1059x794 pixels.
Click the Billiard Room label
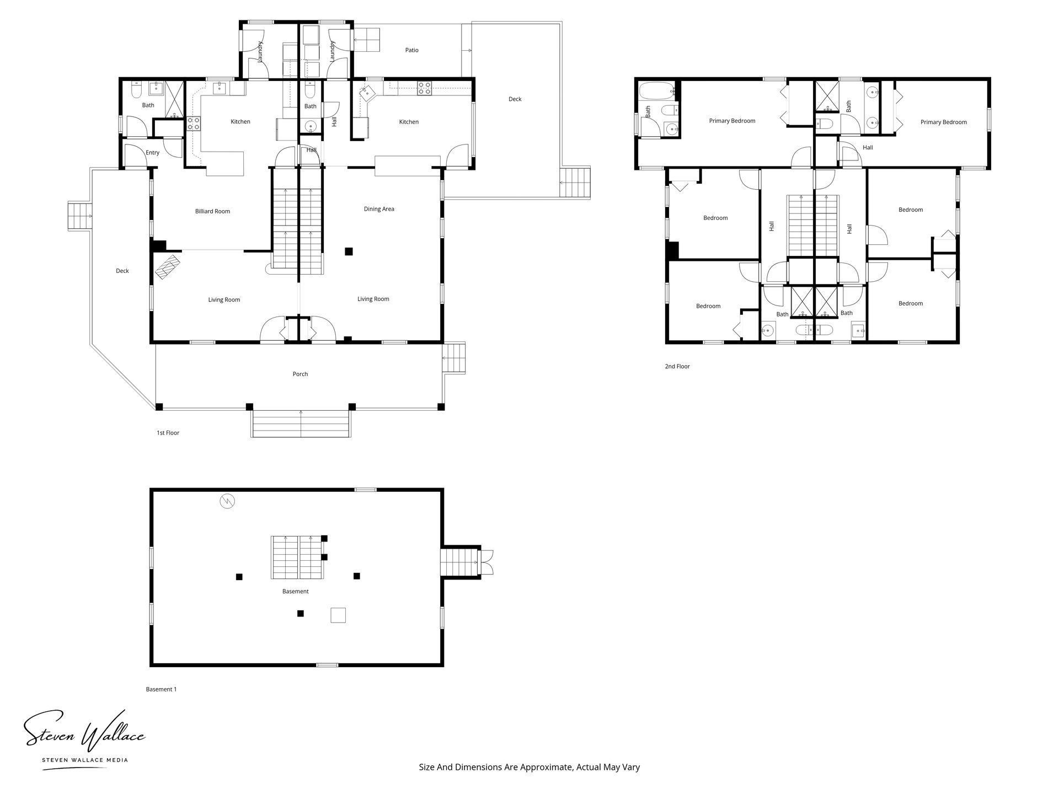pos(212,211)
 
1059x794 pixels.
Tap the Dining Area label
pos(379,209)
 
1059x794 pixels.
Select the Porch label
pos(300,374)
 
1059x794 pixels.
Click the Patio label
pos(411,50)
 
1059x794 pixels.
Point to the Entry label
pos(152,153)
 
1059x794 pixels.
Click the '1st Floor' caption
pos(168,433)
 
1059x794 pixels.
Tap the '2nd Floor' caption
pos(677,366)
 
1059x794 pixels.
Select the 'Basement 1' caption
pos(161,689)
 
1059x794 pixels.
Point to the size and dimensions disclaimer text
pos(529,767)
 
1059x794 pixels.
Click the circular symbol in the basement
pos(227,501)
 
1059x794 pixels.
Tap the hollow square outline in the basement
pos(338,615)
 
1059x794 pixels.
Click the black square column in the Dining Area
pos(349,251)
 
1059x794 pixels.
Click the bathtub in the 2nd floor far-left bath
pos(656,89)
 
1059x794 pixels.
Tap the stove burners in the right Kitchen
pos(424,88)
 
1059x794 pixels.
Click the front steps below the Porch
pos(301,423)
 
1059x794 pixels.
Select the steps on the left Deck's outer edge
pos(79,216)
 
